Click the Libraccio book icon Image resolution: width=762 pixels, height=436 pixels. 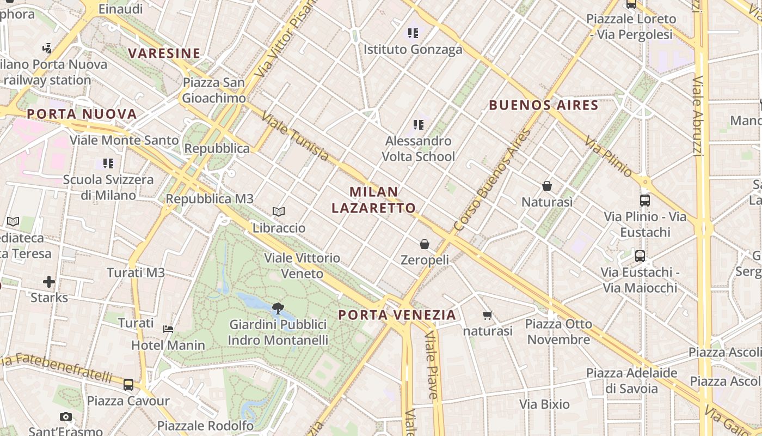(x=279, y=211)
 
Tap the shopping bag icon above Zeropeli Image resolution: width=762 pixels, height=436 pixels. (x=425, y=244)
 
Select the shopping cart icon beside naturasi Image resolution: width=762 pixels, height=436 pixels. (x=488, y=315)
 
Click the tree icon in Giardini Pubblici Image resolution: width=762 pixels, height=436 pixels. (x=278, y=308)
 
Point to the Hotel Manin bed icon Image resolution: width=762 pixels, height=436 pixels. (x=168, y=329)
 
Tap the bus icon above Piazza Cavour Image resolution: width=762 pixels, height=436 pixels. (x=128, y=385)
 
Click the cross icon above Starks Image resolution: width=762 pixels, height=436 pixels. (x=49, y=282)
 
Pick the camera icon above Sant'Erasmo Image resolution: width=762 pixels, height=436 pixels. (x=66, y=417)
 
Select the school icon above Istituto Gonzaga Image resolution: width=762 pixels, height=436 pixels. (x=413, y=33)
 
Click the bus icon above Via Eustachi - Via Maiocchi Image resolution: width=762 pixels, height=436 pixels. (x=640, y=256)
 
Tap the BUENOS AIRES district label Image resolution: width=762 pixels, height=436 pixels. (x=544, y=105)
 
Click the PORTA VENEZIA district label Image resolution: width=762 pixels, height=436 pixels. (x=397, y=314)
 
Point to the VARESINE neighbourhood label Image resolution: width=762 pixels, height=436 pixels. (x=164, y=53)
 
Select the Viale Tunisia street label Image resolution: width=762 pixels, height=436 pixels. (x=294, y=137)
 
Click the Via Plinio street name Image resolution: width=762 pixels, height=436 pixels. (x=609, y=157)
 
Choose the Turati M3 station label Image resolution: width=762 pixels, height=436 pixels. (x=136, y=272)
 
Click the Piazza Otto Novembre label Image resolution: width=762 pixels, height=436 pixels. (x=558, y=331)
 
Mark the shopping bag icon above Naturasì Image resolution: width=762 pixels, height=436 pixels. (x=547, y=186)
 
